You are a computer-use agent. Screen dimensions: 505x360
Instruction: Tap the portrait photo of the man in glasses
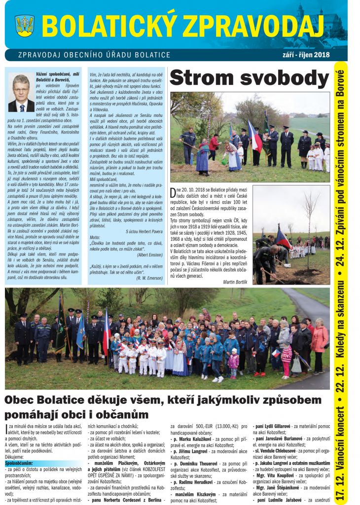coord(22,93)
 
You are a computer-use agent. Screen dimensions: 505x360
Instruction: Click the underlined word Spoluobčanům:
coord(19,463)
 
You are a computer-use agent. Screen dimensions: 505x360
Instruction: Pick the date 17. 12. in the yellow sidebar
coord(340,486)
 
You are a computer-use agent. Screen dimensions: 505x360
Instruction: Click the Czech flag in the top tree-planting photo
coord(255,137)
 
